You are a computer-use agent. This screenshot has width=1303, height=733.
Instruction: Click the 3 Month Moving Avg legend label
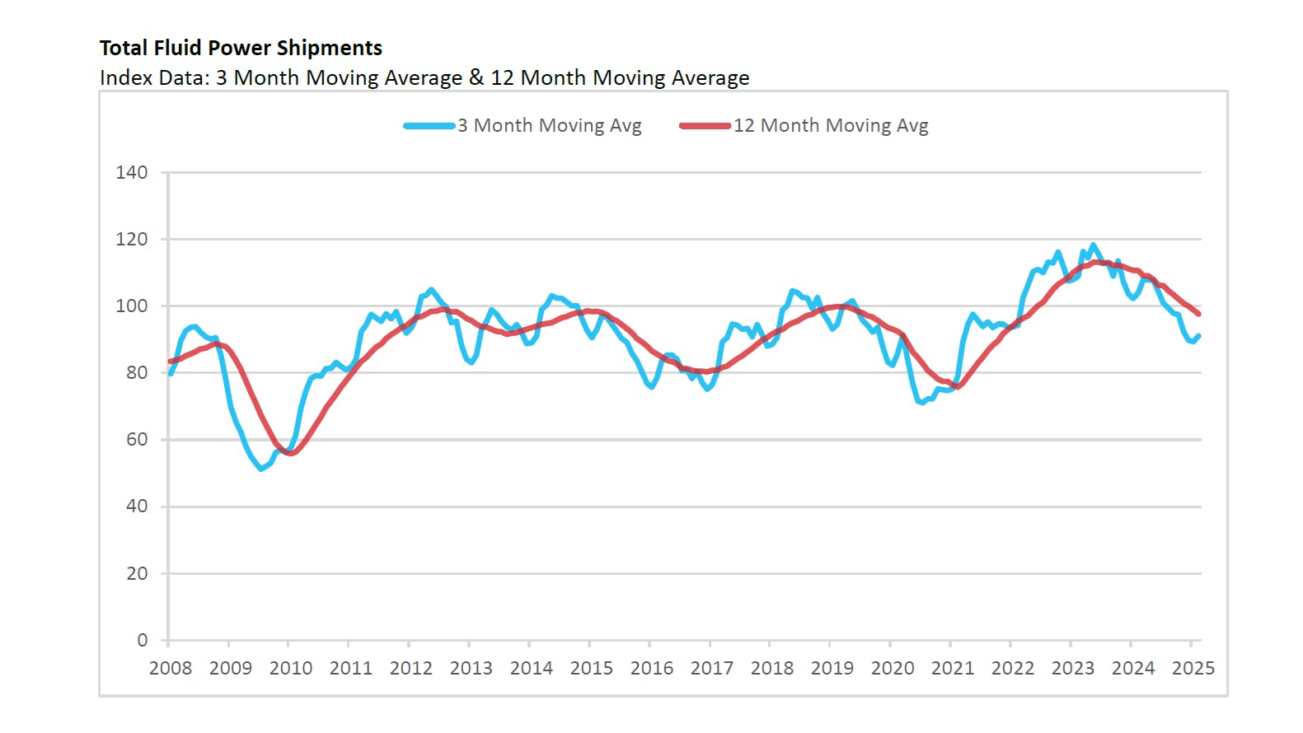coord(549,126)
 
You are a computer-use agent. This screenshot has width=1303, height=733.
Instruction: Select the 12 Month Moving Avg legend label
coord(831,126)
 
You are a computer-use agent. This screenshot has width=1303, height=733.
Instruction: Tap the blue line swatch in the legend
coord(429,126)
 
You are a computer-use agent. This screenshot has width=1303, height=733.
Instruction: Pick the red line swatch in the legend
coord(705,126)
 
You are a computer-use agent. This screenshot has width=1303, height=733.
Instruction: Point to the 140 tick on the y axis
coord(132,173)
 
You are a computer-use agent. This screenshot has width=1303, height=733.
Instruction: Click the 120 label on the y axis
coord(132,240)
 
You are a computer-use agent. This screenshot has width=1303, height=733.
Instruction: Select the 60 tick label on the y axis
coord(137,440)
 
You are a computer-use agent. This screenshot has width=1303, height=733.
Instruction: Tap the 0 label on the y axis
coord(143,640)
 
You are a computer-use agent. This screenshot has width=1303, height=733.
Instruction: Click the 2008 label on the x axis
coord(171,668)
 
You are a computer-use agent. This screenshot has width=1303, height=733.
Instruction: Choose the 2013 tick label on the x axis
coord(471,668)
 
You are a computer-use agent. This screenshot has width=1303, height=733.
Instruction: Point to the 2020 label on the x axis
coord(893,668)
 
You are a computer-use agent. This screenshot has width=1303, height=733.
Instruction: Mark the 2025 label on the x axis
coord(1193,668)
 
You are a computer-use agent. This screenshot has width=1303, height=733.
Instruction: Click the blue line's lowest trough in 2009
coord(261,469)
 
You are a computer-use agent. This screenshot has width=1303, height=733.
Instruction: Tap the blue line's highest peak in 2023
coord(1094,245)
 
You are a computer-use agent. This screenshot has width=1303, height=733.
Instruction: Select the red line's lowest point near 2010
coord(291,453)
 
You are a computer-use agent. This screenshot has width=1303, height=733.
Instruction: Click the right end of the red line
coord(1199,314)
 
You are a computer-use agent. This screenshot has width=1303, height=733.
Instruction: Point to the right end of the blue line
coord(1199,335)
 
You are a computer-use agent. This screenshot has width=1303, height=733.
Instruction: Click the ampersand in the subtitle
coord(476,77)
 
